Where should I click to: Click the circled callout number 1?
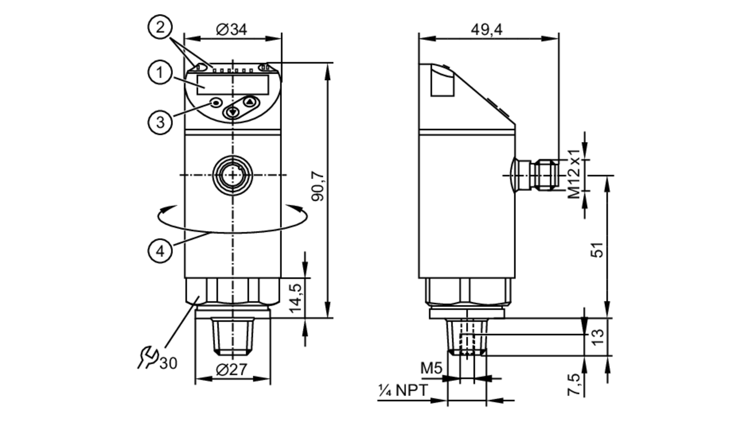[x=160, y=72]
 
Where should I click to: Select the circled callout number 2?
[x=160, y=27]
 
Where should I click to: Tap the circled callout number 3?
[x=160, y=122]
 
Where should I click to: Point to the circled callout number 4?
[x=160, y=250]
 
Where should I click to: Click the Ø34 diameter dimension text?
[x=232, y=29]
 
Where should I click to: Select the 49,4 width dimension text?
[x=487, y=29]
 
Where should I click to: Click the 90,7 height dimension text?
[x=318, y=186]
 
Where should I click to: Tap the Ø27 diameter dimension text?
[x=232, y=370]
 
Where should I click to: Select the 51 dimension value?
[x=597, y=250]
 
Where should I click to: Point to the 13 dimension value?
[x=597, y=336]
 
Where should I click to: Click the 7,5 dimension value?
[x=574, y=384]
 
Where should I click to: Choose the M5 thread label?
[x=431, y=368]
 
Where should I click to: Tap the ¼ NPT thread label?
[x=403, y=390]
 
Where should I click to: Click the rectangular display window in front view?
[x=232, y=84]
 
